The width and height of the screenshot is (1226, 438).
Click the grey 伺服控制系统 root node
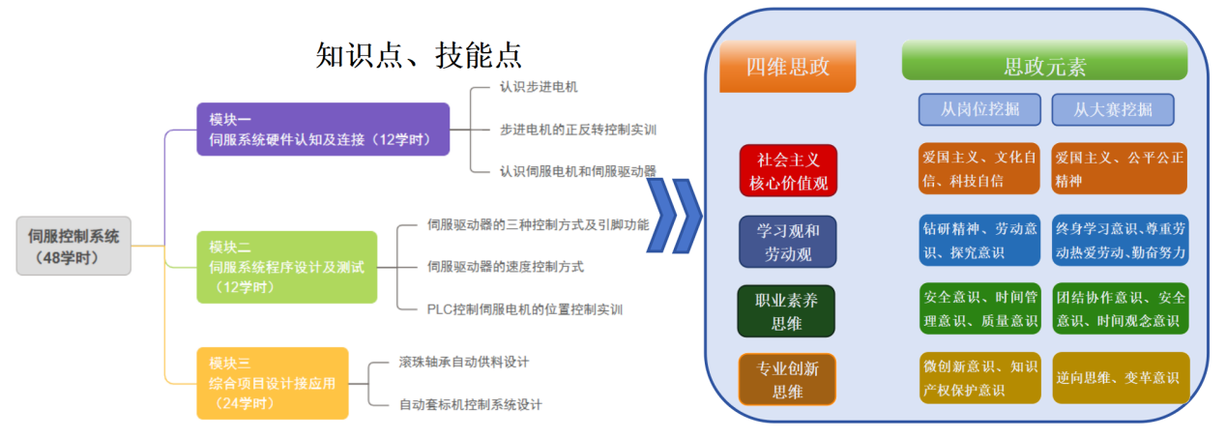(73, 246)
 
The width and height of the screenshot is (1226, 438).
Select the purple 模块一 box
(323, 130)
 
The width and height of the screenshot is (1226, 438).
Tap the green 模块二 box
(286, 267)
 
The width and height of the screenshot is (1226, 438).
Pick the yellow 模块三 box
(272, 383)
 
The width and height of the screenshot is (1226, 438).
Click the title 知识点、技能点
(419, 54)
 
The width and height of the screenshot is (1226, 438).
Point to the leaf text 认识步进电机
(539, 88)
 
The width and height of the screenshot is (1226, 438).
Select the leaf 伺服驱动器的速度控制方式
(505, 267)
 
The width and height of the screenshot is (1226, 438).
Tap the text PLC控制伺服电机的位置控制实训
(524, 309)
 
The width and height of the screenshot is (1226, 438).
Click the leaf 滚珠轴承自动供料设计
(464, 363)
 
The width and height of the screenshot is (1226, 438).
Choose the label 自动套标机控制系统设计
(471, 404)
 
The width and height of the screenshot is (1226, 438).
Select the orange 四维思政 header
(788, 67)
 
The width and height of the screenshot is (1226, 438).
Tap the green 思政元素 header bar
(1044, 67)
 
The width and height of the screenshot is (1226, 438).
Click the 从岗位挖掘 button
(979, 109)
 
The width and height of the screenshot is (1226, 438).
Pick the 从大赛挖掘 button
(1113, 109)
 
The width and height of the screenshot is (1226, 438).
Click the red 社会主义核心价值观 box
(787, 170)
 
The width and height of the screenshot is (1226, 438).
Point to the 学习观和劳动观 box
(787, 242)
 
